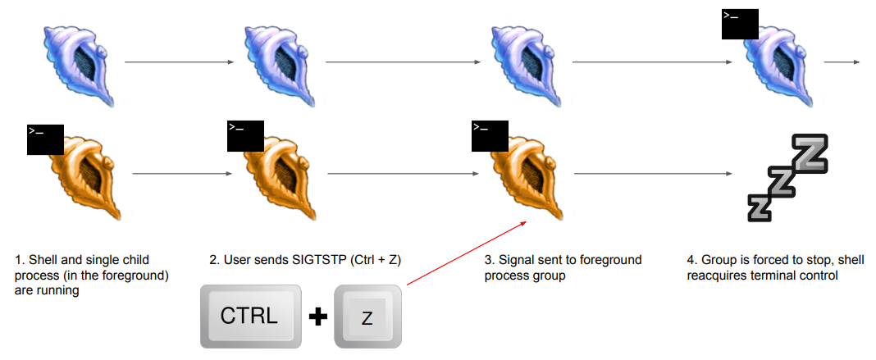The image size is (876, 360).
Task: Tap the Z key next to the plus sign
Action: pos(367,317)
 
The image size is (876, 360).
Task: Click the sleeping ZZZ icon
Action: pos(788,177)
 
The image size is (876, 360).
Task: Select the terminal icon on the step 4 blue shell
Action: pos(740,25)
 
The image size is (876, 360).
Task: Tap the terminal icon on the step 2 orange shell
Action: pos(245,135)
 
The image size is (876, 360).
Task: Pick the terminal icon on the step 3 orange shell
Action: pos(490,135)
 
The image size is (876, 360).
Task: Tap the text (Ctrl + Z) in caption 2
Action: pos(381,261)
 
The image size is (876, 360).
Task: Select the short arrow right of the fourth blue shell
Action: pos(842,62)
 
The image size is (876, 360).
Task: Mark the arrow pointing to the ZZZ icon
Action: pos(652,174)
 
